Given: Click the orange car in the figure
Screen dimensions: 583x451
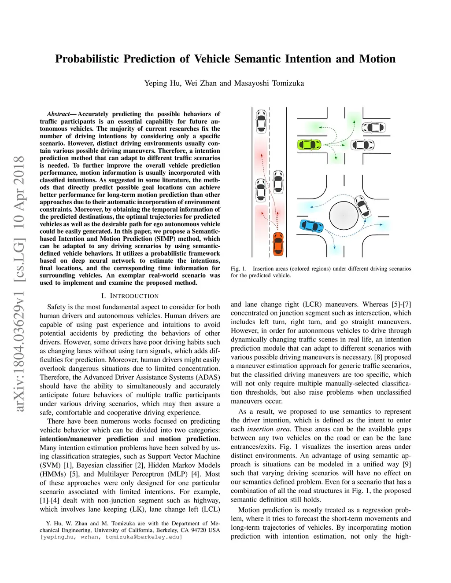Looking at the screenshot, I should tap(278, 243).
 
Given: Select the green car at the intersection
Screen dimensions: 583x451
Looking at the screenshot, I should tap(309, 144).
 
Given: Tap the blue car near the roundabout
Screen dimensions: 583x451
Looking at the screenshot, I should tap(311, 226).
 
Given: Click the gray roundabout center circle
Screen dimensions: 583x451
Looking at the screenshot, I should tap(344, 216).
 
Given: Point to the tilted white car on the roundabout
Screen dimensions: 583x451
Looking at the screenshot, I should tap(362, 206).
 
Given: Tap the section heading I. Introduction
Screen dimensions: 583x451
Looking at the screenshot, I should tap(129, 296).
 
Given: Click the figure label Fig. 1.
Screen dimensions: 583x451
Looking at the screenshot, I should tap(238, 268).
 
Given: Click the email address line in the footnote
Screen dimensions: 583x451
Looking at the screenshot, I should tap(111, 537).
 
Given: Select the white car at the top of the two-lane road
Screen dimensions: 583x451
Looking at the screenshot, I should tap(261, 121).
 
